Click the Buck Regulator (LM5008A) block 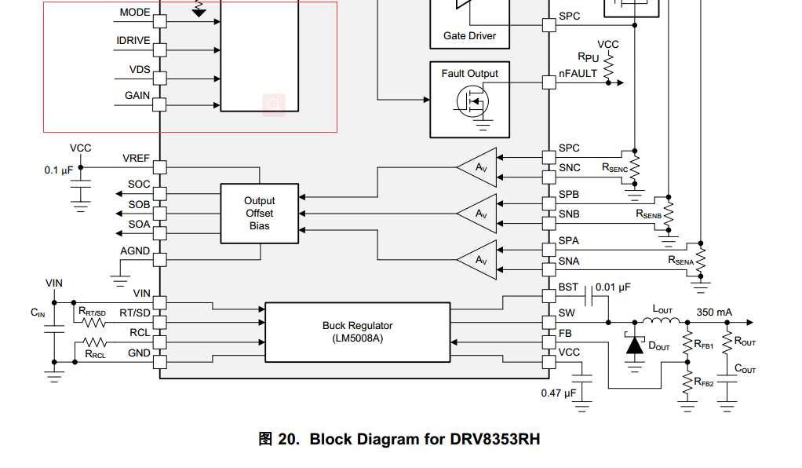coord(357,331)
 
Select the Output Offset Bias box coord(259,213)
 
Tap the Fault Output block coord(469,99)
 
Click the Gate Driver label coord(469,35)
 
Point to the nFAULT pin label coord(578,73)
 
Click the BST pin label coord(568,288)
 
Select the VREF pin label coord(136,158)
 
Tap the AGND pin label coord(135,250)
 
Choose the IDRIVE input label coord(133,40)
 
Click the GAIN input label coord(137,96)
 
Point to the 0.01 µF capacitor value coord(613,287)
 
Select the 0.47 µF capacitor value coord(558,393)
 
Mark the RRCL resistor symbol coord(95,342)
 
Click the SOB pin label coord(139,204)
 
